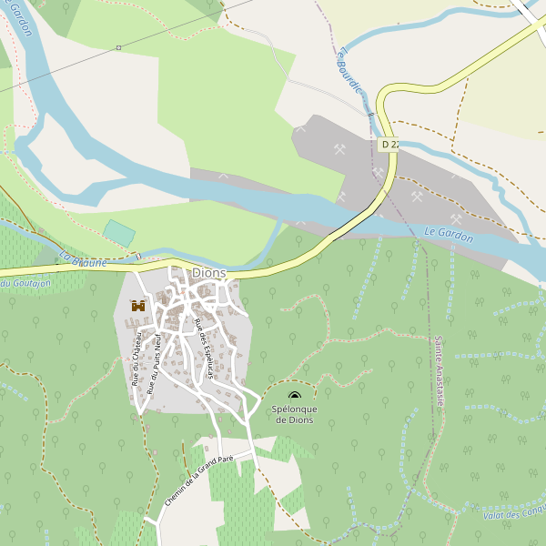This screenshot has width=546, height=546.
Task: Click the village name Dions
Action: click(x=208, y=273)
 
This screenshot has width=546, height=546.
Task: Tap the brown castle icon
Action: click(x=138, y=307)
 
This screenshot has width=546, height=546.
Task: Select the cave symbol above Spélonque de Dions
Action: click(x=294, y=396)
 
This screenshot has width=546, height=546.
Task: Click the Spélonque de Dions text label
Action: click(x=295, y=414)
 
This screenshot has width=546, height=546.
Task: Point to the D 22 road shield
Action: click(x=390, y=145)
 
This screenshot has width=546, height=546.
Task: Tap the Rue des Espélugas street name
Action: click(x=204, y=348)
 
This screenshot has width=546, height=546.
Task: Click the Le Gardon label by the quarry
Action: click(x=449, y=236)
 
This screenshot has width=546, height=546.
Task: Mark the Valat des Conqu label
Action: click(x=514, y=515)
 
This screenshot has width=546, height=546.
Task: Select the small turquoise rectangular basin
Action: click(x=118, y=232)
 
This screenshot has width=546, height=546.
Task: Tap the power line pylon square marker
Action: click(x=118, y=47)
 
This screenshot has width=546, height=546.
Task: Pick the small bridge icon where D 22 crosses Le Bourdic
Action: click(x=369, y=113)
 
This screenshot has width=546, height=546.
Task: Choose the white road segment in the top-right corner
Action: click(x=528, y=11)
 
